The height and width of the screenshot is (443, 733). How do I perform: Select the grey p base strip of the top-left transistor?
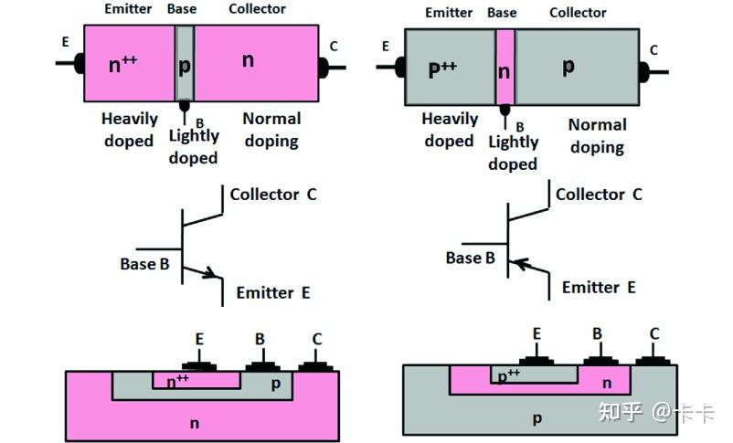click(x=185, y=62)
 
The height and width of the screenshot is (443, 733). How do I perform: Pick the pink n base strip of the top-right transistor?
click(x=505, y=67)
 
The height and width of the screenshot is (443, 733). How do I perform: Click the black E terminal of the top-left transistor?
click(x=79, y=63)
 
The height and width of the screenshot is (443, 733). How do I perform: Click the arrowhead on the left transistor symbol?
click(x=210, y=272)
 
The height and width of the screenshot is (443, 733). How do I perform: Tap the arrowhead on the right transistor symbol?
click(x=521, y=264)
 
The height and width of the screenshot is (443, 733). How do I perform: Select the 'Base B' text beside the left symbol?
click(x=144, y=264)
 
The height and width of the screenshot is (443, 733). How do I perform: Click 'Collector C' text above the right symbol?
click(x=599, y=194)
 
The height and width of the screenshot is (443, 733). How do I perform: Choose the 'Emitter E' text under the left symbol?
click(x=273, y=293)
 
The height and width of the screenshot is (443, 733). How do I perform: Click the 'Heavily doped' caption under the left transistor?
click(x=129, y=130)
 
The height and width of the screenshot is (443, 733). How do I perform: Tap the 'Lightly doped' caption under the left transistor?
click(x=194, y=146)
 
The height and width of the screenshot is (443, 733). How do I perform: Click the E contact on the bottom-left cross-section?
click(x=198, y=365)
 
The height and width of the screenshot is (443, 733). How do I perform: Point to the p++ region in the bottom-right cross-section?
click(x=508, y=374)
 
